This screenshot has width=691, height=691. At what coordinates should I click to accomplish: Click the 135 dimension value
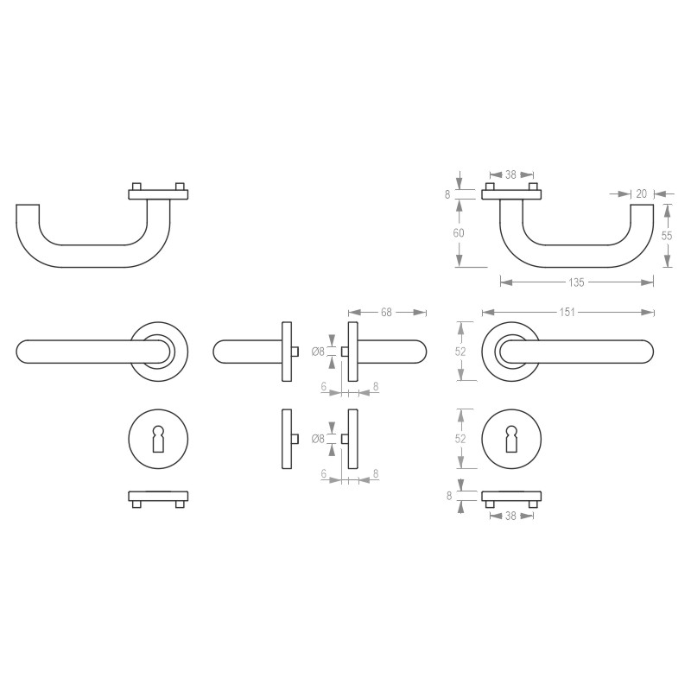click(x=577, y=282)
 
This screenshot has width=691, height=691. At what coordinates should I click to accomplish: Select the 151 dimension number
click(x=567, y=312)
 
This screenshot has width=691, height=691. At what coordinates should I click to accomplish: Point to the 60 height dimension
click(x=460, y=233)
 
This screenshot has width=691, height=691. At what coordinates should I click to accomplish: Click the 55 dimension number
click(x=667, y=235)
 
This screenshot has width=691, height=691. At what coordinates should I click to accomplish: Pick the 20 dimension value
click(x=641, y=194)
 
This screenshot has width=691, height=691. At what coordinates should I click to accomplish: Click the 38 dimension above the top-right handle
click(x=510, y=174)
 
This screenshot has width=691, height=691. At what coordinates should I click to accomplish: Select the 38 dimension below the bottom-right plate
click(x=510, y=516)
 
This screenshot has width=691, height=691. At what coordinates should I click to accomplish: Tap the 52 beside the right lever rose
click(x=460, y=352)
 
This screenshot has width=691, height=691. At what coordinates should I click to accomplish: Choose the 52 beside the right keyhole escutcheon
click(x=460, y=439)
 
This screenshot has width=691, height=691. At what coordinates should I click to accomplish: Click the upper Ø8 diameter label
click(x=318, y=352)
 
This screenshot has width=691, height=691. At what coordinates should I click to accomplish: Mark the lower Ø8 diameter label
click(x=318, y=439)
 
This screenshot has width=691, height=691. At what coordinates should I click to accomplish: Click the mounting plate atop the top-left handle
click(x=157, y=194)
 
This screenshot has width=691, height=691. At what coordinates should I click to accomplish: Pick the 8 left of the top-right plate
click(x=448, y=195)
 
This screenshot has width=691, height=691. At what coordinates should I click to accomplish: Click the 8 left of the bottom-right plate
click(x=448, y=496)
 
